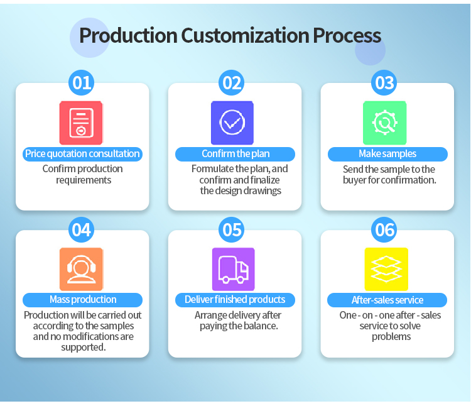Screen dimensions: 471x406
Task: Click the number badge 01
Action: (82, 82)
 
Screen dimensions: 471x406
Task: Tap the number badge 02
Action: (231, 82)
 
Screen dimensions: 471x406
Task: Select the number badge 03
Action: (384, 82)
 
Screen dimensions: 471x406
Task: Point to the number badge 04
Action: (82, 229)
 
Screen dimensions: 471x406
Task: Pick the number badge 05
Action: (231, 229)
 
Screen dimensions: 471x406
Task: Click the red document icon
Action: (81, 123)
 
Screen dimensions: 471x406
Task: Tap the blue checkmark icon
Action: (232, 123)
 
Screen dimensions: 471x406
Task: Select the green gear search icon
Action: (385, 123)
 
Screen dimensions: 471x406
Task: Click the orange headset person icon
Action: (82, 269)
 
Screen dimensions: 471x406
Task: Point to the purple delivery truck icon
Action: (234, 269)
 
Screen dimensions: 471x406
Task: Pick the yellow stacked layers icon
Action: (386, 269)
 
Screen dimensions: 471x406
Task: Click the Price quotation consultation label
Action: (83, 154)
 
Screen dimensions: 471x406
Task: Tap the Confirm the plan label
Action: (235, 154)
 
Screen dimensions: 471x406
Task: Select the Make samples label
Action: (388, 154)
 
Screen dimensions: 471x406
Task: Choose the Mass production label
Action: (83, 300)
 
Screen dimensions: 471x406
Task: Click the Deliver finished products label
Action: (235, 300)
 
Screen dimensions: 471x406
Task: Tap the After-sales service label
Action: (387, 300)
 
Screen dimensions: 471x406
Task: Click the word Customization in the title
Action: (245, 35)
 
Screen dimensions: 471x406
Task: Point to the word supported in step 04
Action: (83, 348)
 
